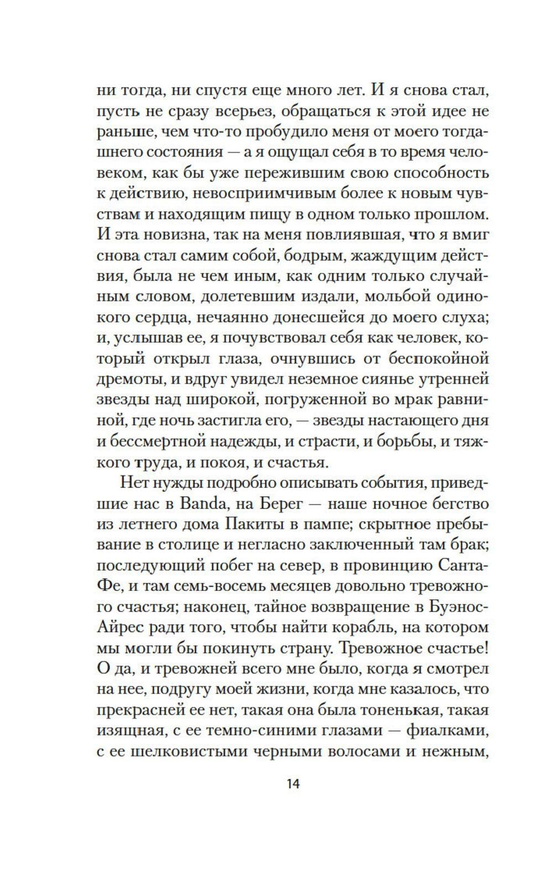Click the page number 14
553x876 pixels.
pos(293,784)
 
